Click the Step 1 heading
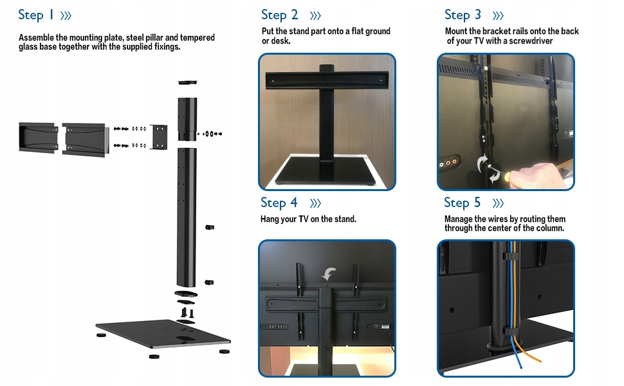click(36, 15)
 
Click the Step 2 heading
click(279, 15)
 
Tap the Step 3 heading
click(463, 15)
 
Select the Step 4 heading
click(279, 203)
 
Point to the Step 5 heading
click(463, 203)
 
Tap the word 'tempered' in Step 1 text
click(197, 37)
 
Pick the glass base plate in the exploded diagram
click(163, 333)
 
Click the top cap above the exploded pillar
click(187, 82)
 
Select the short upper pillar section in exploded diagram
click(187, 119)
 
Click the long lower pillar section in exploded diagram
click(187, 217)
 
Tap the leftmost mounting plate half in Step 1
click(39, 137)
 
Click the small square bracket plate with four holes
click(159, 137)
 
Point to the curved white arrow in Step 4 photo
click(329, 274)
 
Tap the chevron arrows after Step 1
click(66, 16)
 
